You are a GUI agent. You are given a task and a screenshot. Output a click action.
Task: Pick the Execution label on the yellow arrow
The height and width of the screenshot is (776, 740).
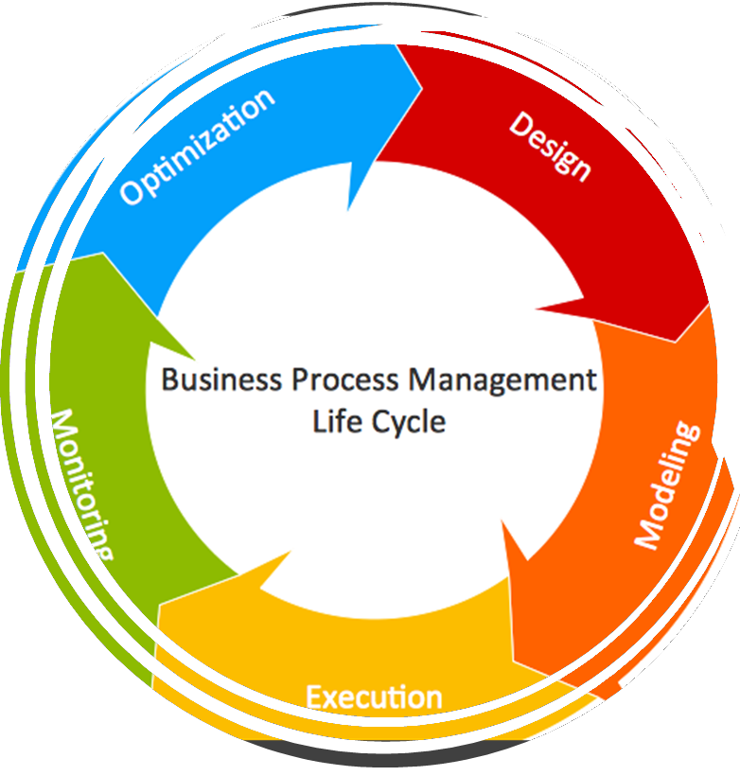(374, 698)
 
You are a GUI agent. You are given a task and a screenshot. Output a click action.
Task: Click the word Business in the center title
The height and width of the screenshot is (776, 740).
(221, 380)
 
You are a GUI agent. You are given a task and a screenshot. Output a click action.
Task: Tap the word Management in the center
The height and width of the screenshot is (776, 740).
(502, 380)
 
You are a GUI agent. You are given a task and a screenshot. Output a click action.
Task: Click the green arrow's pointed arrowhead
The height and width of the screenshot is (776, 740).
(196, 358)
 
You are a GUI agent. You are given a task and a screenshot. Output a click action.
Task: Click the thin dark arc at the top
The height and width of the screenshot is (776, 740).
(379, 11)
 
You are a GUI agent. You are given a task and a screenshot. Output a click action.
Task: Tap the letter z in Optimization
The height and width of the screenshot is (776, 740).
(221, 128)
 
